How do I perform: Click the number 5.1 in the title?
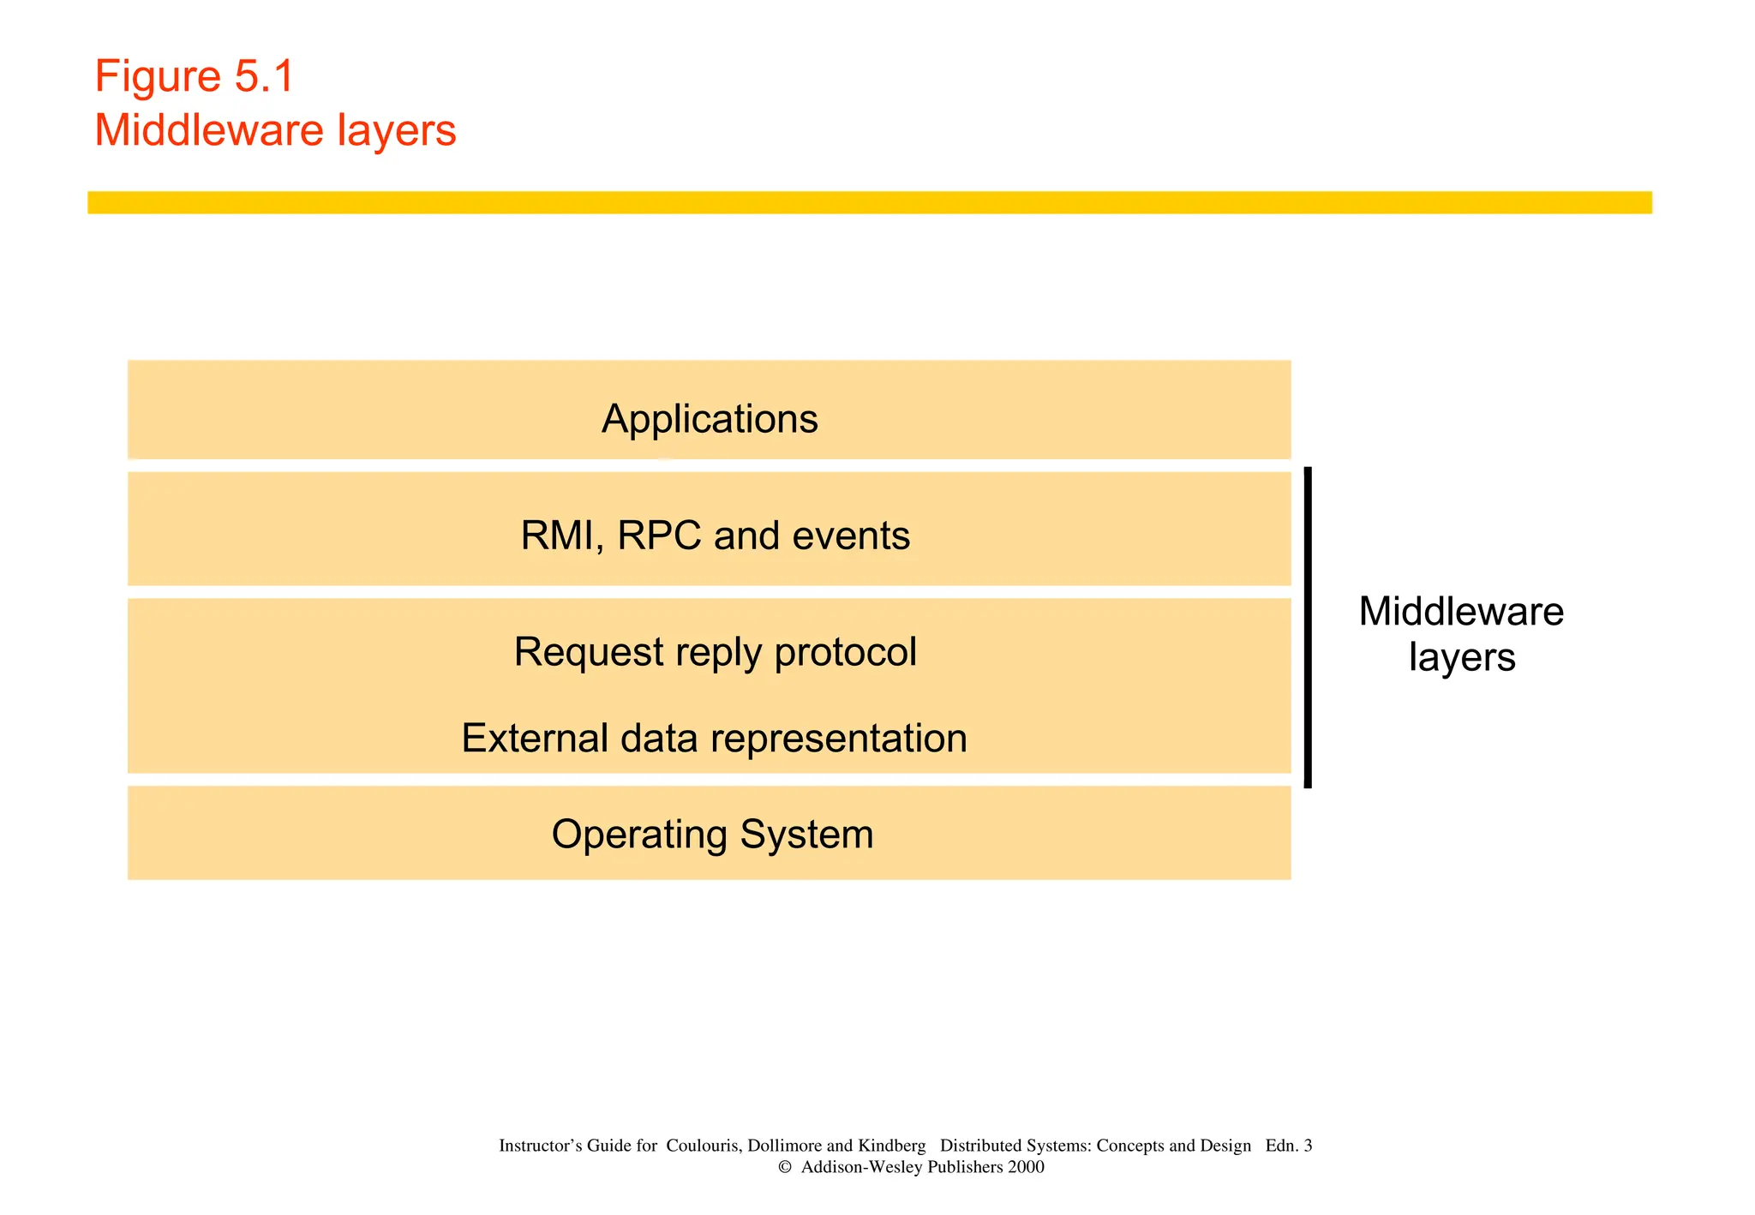[264, 76]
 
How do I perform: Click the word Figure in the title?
[158, 78]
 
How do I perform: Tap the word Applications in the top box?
[710, 420]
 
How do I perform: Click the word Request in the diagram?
[588, 653]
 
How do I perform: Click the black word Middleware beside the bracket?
[1461, 612]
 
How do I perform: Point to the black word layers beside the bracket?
[1462, 658]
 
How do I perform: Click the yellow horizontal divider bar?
[869, 202]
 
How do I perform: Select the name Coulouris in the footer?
[703, 1146]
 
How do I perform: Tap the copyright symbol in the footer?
[784, 1167]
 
